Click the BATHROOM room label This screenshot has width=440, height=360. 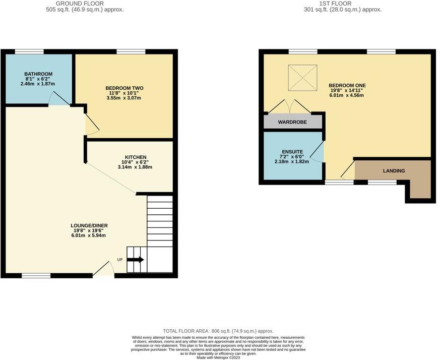[x=38, y=74]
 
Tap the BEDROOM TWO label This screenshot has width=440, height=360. [x=123, y=88]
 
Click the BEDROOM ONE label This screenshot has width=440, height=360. [x=347, y=85]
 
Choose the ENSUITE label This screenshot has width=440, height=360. [x=292, y=152]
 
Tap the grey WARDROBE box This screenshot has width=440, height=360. [x=292, y=122]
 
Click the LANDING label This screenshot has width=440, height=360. [x=394, y=171]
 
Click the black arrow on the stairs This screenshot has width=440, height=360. [x=136, y=260]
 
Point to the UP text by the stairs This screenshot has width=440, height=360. [x=119, y=260]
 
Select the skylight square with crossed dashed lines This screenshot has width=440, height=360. [x=302, y=78]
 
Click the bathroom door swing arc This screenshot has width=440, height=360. [x=58, y=100]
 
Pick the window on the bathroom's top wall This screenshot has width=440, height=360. [x=29, y=51]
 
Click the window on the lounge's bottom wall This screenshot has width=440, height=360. [x=36, y=275]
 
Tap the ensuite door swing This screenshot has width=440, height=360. [x=317, y=152]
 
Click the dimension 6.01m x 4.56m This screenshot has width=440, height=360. [x=347, y=95]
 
